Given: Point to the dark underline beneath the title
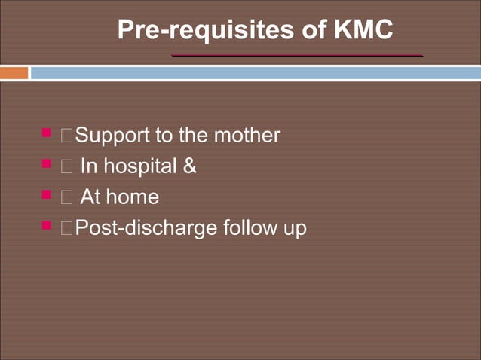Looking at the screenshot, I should coord(296,56).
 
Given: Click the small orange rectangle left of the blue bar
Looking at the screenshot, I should coord(14,73).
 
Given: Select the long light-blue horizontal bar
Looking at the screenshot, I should coord(255,73).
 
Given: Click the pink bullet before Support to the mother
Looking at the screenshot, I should coord(47,133).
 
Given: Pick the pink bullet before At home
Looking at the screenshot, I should coord(47,194).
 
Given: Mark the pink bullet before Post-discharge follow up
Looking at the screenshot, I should coord(47,225).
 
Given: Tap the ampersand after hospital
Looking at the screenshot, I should coord(190,166).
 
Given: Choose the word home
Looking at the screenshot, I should coord(133,197).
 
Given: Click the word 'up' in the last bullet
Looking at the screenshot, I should coord(296,230).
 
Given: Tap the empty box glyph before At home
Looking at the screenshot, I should coord(68,197).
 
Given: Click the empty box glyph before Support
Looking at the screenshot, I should coord(68,136).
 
